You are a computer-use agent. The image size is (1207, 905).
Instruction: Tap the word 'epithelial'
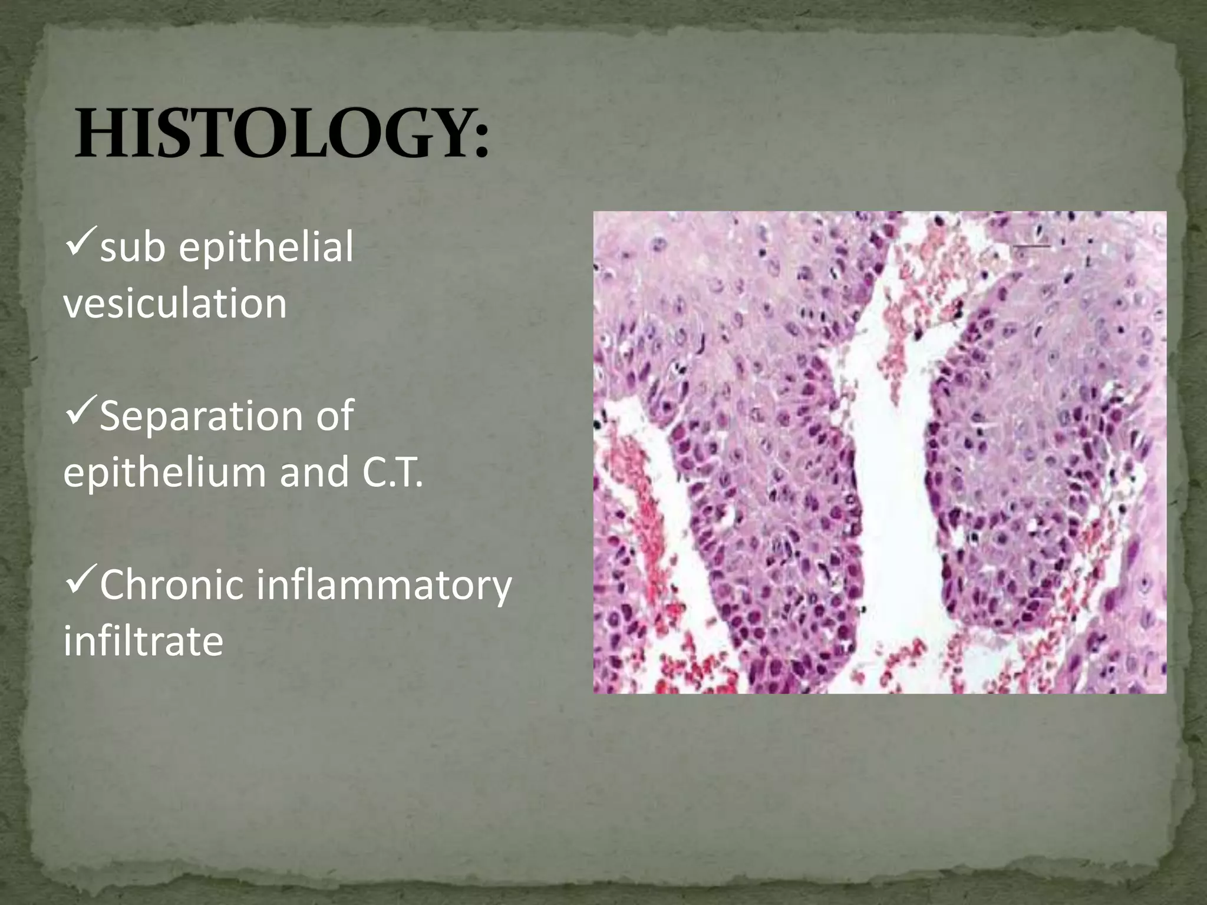click(x=266, y=247)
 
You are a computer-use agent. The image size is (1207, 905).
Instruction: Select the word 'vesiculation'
click(x=175, y=303)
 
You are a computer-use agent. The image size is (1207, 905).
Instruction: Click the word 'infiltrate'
click(x=143, y=641)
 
